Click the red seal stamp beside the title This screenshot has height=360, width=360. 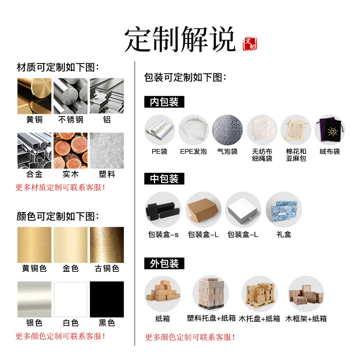click(250, 44)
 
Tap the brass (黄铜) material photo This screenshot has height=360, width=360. click(35, 96)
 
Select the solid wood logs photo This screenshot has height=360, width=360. click(71, 151)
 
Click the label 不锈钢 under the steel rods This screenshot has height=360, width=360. click(71, 120)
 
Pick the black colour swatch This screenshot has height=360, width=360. click(107, 299)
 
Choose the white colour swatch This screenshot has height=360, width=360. click(71, 299)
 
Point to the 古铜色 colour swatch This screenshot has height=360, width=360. click(107, 245)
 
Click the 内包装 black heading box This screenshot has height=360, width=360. click(164, 102)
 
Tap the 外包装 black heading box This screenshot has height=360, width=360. click(164, 263)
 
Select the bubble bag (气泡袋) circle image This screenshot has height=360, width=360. click(227, 130)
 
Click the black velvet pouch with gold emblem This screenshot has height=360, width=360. click(330, 130)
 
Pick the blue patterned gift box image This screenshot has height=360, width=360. click(284, 210)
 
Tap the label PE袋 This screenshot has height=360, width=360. click(159, 152)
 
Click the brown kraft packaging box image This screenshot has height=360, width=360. click(203, 210)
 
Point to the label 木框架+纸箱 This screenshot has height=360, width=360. click(306, 319)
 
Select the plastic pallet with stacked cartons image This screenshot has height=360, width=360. click(211, 293)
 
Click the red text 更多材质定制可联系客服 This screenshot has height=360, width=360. click(60, 187)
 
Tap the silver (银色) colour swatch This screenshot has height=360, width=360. click(35, 299)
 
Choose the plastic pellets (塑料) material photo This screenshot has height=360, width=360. click(107, 151)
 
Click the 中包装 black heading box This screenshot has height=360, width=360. click(164, 179)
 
